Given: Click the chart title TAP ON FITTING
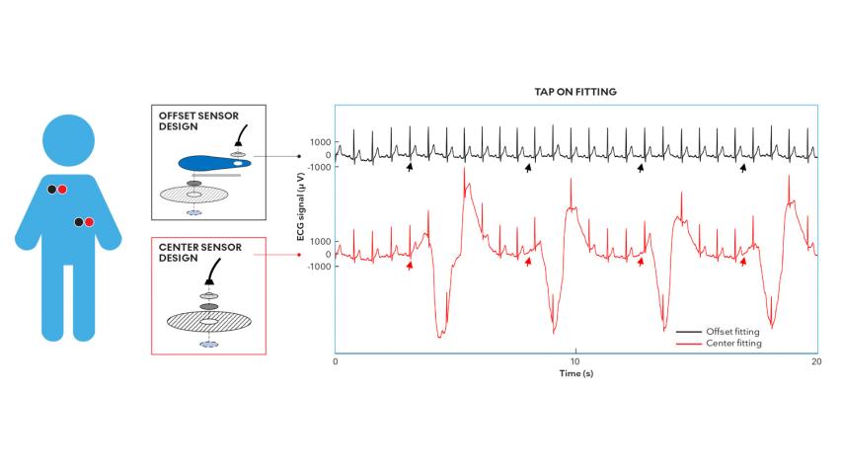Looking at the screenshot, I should tap(575, 92).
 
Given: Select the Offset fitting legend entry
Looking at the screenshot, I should tap(730, 331).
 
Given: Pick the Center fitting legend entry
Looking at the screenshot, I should tap(730, 343).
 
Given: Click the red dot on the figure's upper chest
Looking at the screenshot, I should tap(63, 189).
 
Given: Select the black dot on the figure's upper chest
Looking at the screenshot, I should tap(52, 188).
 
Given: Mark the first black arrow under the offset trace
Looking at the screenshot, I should tap(410, 169).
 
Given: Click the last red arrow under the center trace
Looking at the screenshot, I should tap(743, 263).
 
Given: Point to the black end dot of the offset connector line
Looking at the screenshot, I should tap(298, 156).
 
